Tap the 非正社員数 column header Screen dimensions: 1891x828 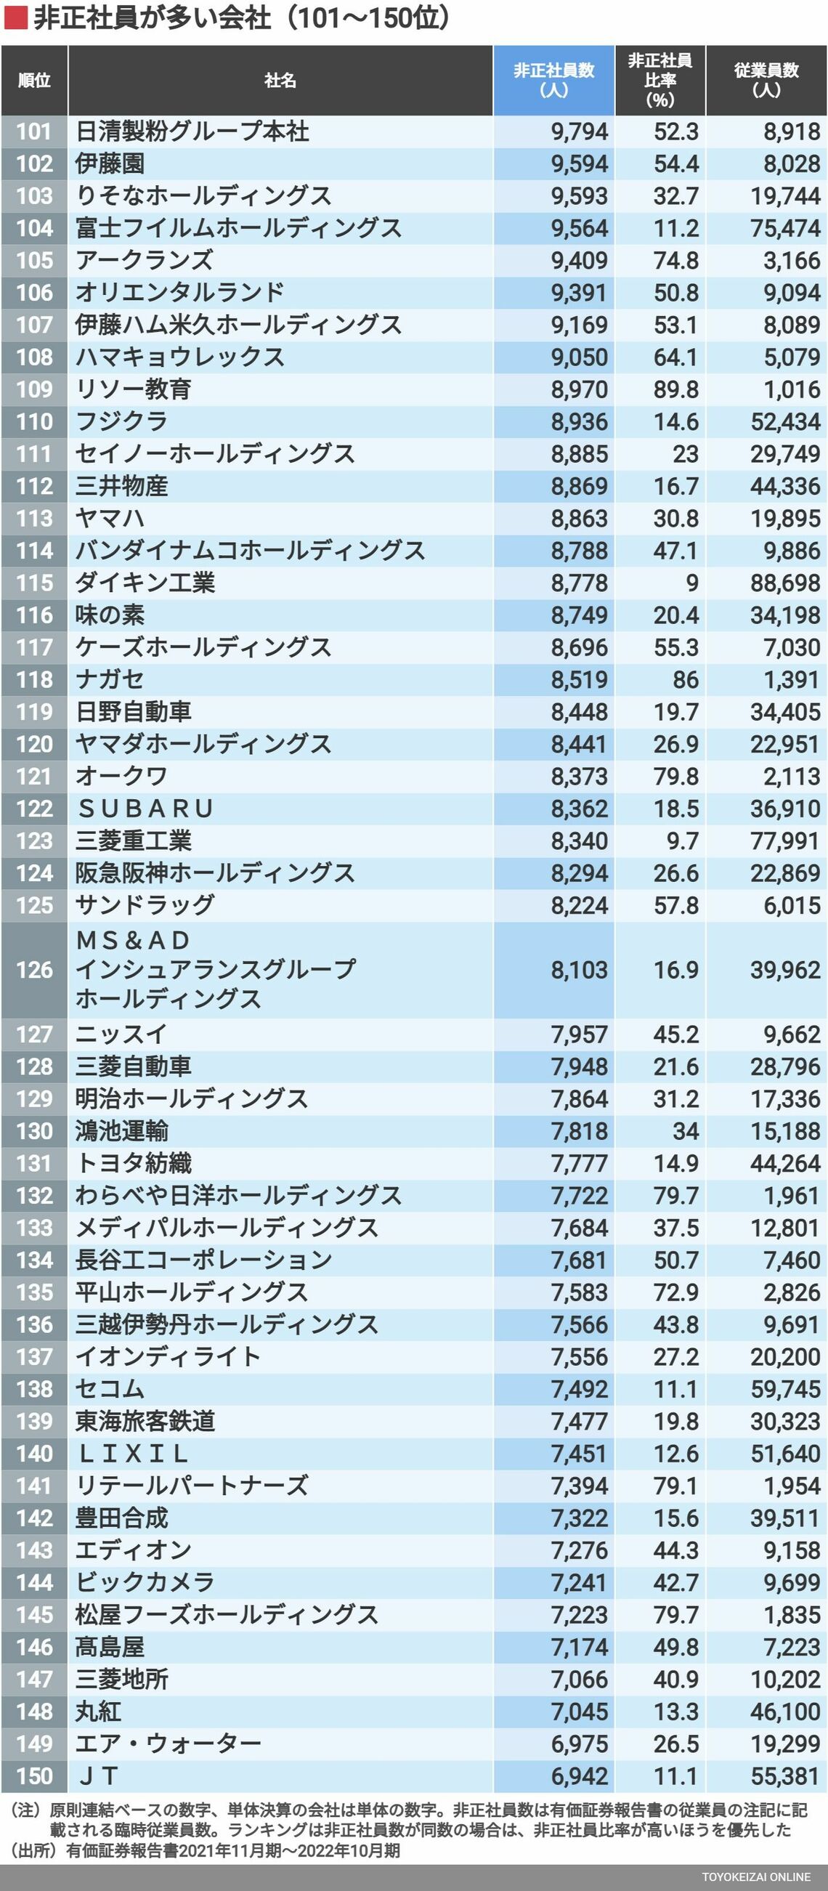[553, 80]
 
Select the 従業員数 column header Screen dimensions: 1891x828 [766, 80]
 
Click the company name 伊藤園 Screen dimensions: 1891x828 [110, 163]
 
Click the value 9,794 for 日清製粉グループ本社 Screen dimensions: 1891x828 [579, 131]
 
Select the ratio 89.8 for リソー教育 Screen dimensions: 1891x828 [675, 389]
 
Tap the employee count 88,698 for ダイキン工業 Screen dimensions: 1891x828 [784, 583]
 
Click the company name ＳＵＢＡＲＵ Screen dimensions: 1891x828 [145, 809]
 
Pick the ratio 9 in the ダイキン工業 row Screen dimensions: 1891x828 [691, 583]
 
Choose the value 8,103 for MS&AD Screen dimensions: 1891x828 [579, 970]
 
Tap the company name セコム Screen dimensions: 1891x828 [110, 1389]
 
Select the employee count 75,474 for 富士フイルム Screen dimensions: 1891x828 [784, 228]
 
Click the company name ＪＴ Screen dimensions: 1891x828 [98, 1775]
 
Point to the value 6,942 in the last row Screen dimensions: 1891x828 [579, 1775]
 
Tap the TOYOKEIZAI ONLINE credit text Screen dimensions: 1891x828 [755, 1877]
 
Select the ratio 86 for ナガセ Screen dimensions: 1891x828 [685, 680]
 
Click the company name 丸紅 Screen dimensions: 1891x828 [98, 1711]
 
